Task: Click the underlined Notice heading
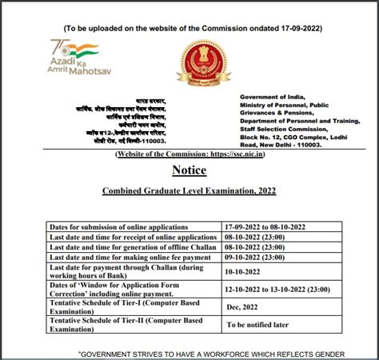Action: click(189, 170)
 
